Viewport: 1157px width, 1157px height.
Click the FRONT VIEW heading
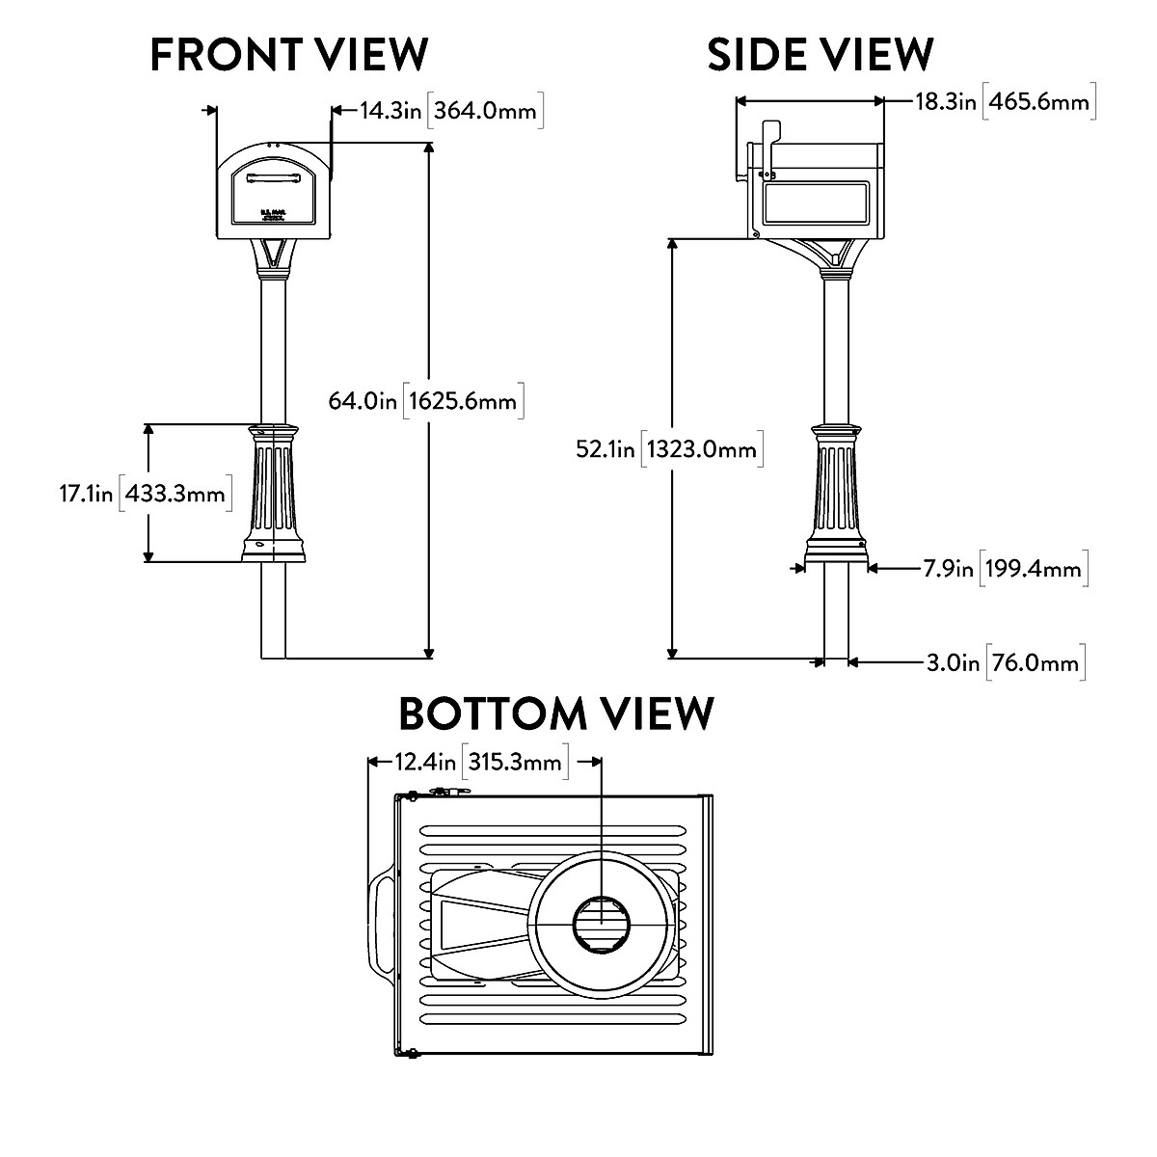click(x=289, y=54)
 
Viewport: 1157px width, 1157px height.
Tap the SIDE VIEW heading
click(x=820, y=54)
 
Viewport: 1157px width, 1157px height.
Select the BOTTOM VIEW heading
click(x=556, y=714)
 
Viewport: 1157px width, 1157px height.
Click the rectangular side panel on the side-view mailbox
click(x=817, y=205)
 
